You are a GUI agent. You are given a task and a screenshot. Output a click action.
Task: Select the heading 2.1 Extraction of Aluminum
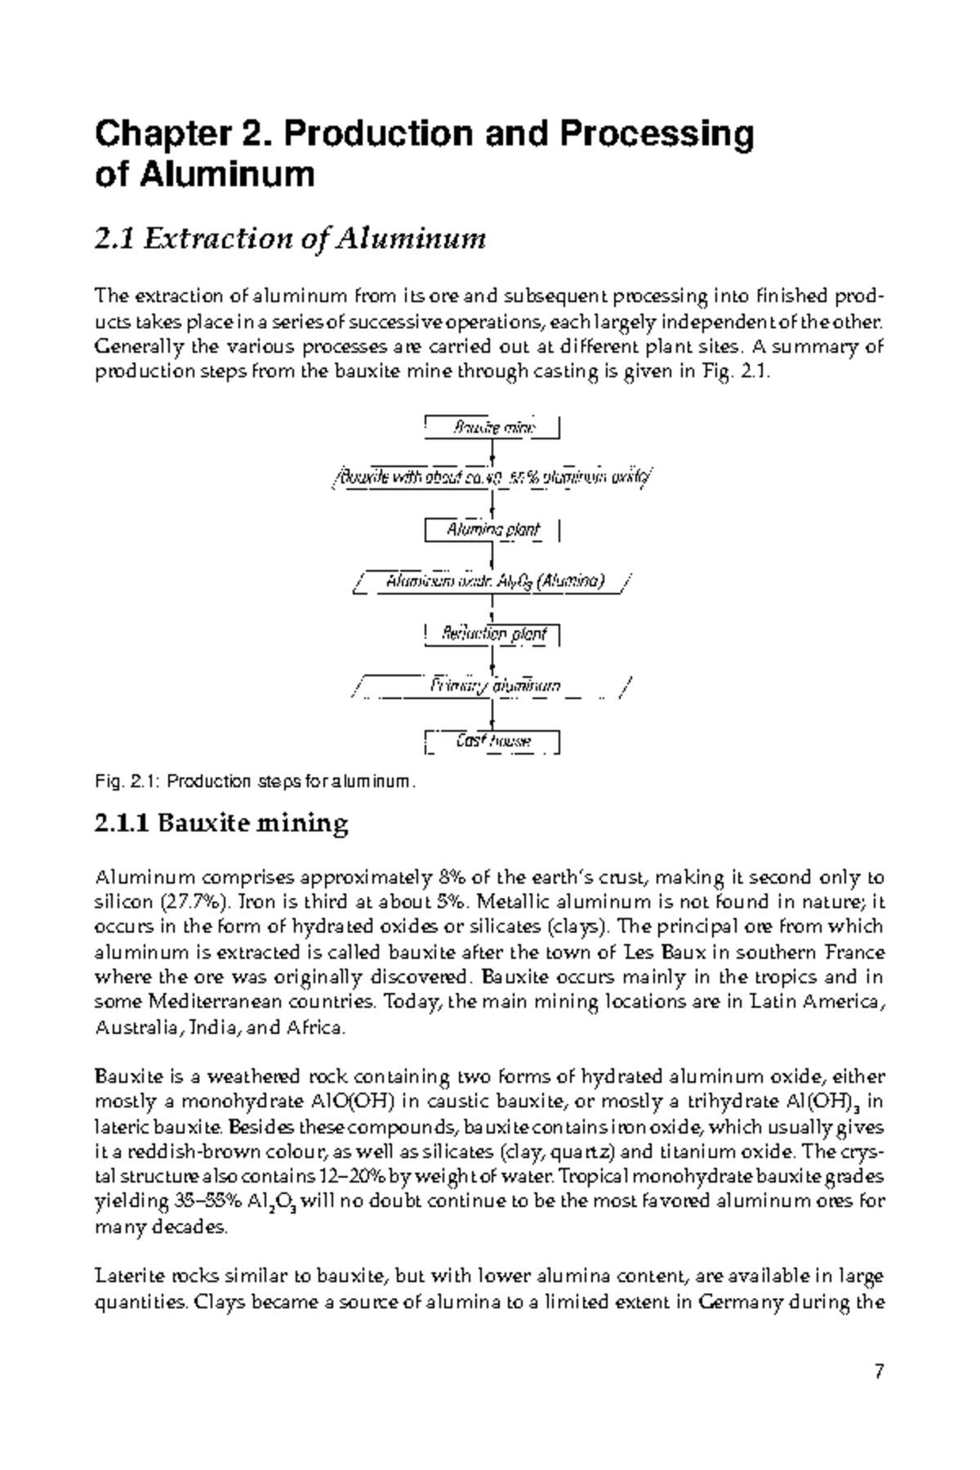tap(290, 239)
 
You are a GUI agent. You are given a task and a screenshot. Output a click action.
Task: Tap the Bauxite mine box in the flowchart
tap(492, 427)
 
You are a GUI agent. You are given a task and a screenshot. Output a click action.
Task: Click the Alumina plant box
tap(492, 529)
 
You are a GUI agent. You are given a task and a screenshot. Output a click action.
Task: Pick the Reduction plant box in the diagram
tap(492, 634)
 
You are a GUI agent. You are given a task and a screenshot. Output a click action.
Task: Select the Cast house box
tap(492, 741)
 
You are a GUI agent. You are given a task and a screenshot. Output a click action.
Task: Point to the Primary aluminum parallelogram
tap(492, 687)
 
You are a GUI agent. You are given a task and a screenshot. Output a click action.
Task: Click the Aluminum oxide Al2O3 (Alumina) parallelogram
tap(492, 581)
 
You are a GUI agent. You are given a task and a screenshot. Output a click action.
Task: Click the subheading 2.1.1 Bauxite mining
tap(221, 823)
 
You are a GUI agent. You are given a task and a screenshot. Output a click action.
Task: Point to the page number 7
tap(879, 1371)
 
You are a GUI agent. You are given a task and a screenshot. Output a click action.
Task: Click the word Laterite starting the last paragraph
tap(122, 1276)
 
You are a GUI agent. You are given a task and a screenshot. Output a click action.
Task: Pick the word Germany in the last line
tap(740, 1301)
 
